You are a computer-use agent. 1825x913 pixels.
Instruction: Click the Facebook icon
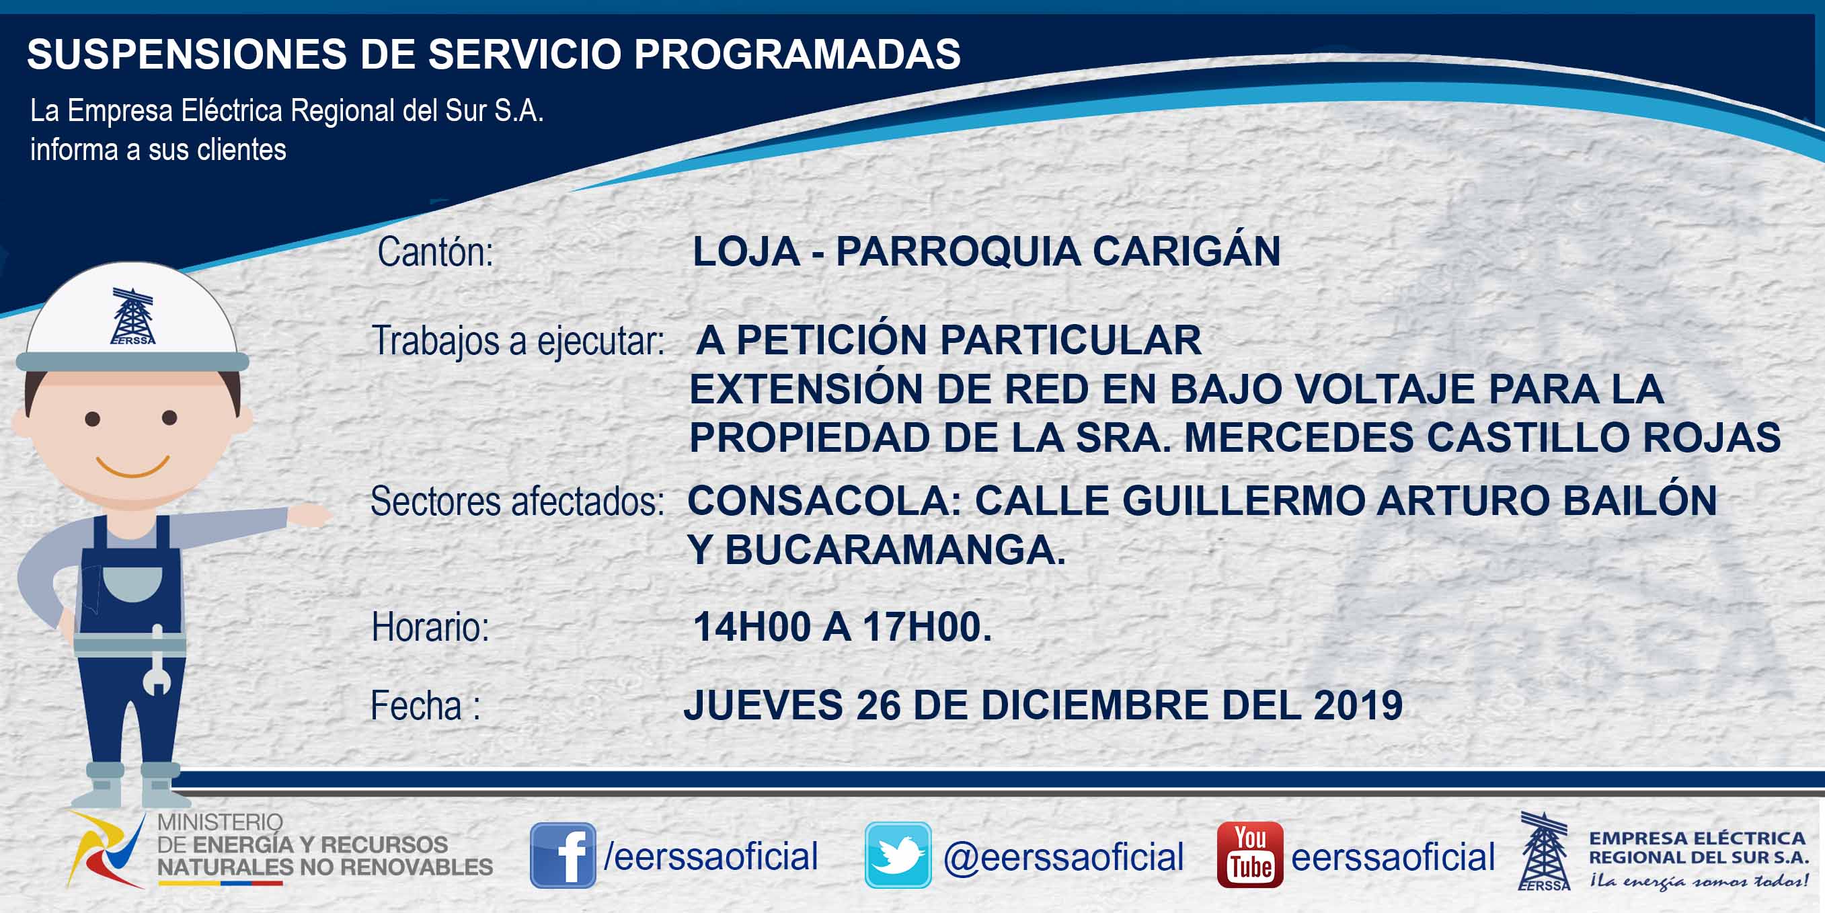point(563,855)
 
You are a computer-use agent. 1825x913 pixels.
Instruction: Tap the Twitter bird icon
point(898,855)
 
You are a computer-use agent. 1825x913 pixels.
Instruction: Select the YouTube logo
point(1249,855)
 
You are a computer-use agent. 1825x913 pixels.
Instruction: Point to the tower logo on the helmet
point(132,317)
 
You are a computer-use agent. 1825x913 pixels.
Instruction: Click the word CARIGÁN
point(1186,251)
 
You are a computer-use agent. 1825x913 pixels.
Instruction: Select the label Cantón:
point(435,252)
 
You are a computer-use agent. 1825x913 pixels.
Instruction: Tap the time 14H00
point(752,627)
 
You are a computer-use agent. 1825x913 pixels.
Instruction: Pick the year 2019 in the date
point(1358,705)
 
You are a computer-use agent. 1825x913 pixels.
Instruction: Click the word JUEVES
point(763,705)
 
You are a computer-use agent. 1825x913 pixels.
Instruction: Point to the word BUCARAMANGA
point(896,550)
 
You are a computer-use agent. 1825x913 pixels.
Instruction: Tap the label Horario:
point(431,627)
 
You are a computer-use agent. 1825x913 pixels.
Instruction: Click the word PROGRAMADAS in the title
point(797,54)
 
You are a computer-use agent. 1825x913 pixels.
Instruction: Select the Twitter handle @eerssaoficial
point(1063,857)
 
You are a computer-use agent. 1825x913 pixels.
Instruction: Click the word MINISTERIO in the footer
point(220,822)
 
